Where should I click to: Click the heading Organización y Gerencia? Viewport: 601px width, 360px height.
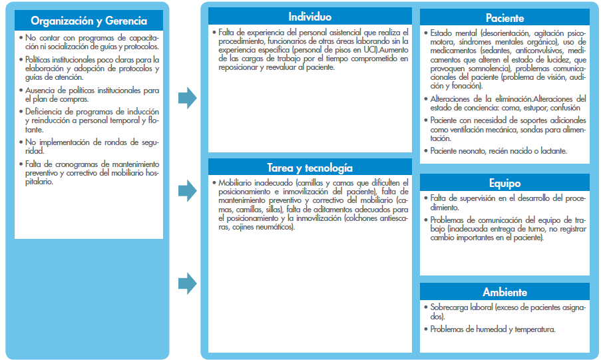88,20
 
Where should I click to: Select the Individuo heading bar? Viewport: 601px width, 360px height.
310,16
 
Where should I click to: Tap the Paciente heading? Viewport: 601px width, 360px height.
504,19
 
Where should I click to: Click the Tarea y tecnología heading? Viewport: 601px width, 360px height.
310,168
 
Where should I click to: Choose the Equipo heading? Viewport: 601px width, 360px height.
504,183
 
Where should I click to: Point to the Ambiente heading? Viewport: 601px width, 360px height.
504,292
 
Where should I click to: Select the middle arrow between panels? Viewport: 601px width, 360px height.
188,190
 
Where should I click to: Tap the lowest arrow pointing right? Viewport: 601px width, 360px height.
188,283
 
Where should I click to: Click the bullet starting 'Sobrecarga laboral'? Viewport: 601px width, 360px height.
506,311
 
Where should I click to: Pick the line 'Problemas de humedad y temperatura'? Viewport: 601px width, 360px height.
493,329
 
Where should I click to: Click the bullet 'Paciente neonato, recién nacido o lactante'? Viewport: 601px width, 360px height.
499,151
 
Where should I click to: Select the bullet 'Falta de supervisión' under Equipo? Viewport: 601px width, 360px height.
506,202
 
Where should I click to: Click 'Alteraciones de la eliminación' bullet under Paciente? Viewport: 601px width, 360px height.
506,102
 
